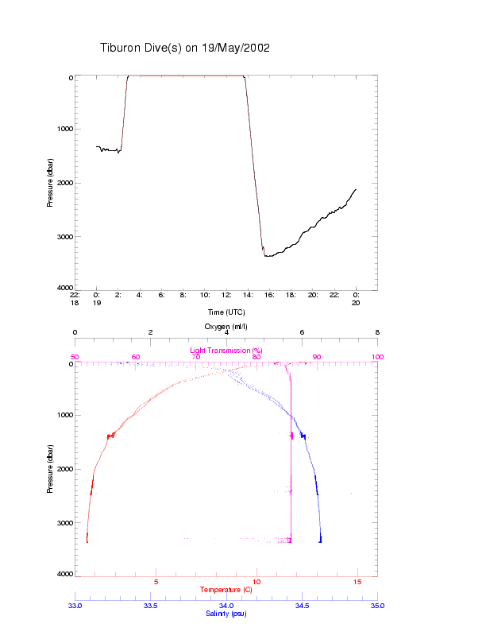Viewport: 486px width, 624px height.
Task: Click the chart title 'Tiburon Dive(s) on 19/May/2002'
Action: (185, 48)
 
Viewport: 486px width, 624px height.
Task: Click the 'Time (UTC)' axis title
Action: (226, 312)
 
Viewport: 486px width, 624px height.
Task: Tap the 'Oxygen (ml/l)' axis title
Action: (226, 326)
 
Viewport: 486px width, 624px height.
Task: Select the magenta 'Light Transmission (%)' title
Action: (226, 350)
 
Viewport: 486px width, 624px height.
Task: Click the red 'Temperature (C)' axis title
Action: (226, 590)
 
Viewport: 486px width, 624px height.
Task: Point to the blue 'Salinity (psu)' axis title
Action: (226, 614)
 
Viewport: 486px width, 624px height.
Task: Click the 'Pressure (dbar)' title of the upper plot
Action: (50, 182)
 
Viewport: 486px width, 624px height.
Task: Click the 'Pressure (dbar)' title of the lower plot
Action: (50, 468)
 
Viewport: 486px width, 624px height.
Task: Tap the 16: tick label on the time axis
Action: (270, 295)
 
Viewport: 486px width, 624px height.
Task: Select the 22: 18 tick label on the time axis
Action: (75, 299)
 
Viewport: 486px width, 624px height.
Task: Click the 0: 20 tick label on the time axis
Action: (356, 299)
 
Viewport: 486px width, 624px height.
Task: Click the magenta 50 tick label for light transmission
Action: (75, 357)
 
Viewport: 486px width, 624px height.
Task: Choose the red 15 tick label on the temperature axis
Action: (357, 582)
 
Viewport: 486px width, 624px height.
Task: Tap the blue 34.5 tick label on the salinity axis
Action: (302, 606)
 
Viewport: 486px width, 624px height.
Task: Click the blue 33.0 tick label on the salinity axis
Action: (75, 606)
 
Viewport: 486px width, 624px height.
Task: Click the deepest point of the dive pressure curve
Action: (266, 256)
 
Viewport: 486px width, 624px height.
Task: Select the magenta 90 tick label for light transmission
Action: (317, 357)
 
